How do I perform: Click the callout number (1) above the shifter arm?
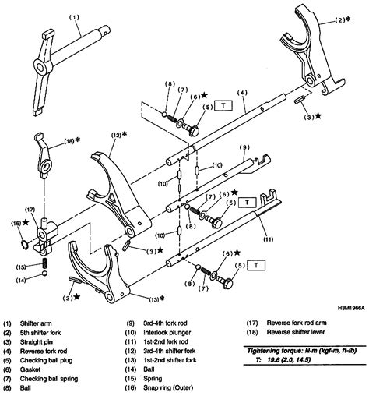pyautogui.click(x=52, y=16)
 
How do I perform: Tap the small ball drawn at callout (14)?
pyautogui.click(x=43, y=280)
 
